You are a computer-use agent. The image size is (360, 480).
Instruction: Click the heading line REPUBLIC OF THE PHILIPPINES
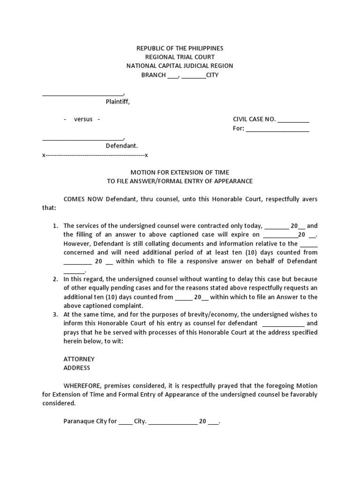click(x=180, y=48)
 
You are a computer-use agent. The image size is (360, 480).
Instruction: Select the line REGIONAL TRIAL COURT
click(x=180, y=57)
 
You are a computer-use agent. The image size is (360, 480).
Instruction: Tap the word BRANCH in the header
click(x=153, y=75)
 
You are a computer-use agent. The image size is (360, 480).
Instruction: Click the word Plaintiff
click(x=117, y=102)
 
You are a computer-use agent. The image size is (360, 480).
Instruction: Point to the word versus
click(x=83, y=119)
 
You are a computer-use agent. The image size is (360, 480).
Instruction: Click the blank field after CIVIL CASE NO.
click(x=293, y=120)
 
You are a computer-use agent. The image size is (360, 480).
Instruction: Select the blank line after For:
click(x=277, y=129)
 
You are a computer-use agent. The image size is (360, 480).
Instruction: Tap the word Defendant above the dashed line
click(x=121, y=146)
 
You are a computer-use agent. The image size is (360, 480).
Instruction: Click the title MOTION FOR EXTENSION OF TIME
click(x=180, y=172)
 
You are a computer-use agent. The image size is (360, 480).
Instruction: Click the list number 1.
click(x=55, y=225)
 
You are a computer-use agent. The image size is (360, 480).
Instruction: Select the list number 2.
click(x=55, y=279)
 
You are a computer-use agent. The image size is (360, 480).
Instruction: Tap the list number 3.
click(x=55, y=315)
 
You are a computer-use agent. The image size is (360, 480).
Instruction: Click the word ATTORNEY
click(x=79, y=359)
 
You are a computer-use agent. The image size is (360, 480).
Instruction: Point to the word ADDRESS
click(x=77, y=368)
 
